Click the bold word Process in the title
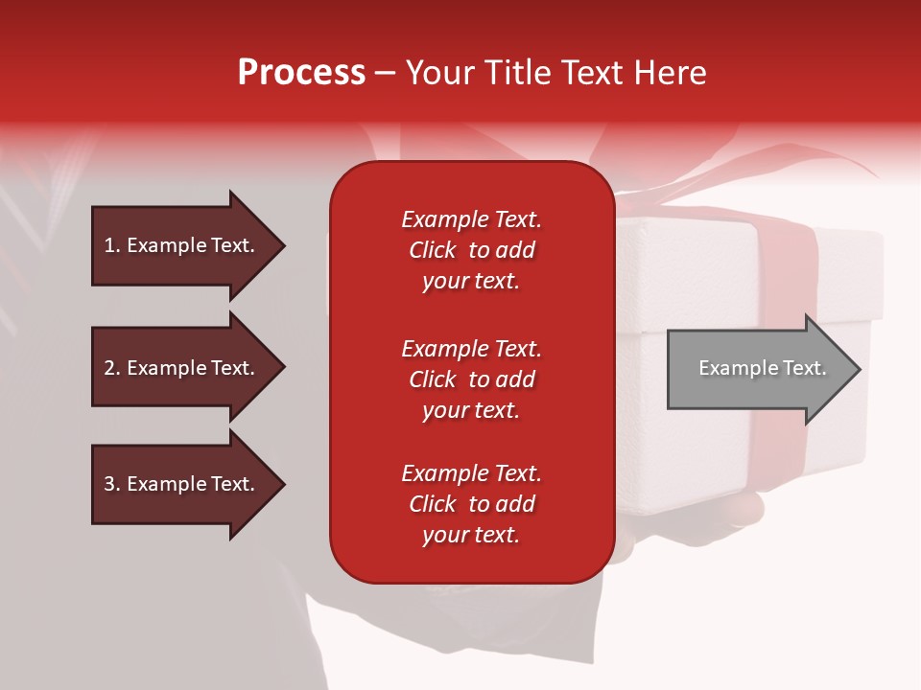[301, 73]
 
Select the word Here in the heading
[670, 73]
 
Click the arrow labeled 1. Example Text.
[189, 245]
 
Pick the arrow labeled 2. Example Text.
[189, 368]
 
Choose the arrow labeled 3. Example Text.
[189, 484]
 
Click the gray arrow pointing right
[765, 369]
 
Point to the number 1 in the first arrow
[109, 245]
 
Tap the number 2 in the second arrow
[109, 368]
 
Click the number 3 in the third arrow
[109, 484]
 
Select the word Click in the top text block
[433, 250]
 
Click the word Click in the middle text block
[433, 379]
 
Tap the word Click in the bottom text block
[433, 504]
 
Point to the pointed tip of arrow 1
[285, 245]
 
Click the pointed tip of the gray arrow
[861, 369]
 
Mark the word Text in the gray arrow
[804, 368]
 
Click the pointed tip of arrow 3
[285, 485]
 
